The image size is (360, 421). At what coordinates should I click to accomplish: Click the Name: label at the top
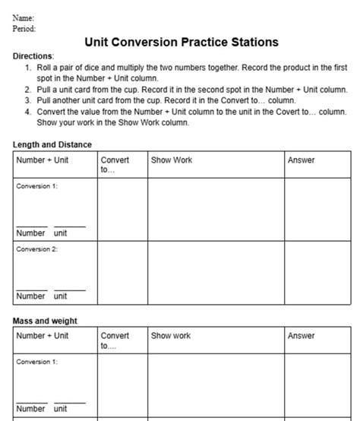pyautogui.click(x=24, y=17)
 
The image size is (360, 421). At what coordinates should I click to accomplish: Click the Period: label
pyautogui.click(x=24, y=28)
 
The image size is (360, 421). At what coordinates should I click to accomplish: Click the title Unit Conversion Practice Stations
pyautogui.click(x=181, y=43)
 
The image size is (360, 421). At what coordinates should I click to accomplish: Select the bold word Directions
pyautogui.click(x=33, y=56)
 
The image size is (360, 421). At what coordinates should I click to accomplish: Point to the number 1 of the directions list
pyautogui.click(x=27, y=68)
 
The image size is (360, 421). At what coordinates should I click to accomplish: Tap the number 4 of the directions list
pyautogui.click(x=27, y=112)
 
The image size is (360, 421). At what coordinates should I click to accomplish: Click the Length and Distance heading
pyautogui.click(x=52, y=144)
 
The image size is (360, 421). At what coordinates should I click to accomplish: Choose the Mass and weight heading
pyautogui.click(x=45, y=321)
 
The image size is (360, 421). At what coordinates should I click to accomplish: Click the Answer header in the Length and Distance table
pyautogui.click(x=301, y=160)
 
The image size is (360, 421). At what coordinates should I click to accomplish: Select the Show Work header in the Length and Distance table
pyautogui.click(x=172, y=160)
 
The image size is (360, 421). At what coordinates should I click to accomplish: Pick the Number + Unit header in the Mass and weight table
pyautogui.click(x=43, y=336)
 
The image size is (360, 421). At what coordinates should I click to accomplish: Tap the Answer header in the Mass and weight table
pyautogui.click(x=301, y=336)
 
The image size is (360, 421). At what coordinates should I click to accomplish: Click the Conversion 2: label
pyautogui.click(x=36, y=248)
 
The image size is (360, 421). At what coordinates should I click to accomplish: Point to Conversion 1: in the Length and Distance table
pyautogui.click(x=36, y=186)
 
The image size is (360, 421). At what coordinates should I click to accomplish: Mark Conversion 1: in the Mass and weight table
pyautogui.click(x=36, y=362)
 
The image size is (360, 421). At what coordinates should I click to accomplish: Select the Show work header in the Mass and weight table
pyautogui.click(x=171, y=336)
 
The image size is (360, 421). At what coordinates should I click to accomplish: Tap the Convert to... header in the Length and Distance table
pyautogui.click(x=115, y=165)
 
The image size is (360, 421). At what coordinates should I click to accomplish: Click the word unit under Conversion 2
pyautogui.click(x=61, y=296)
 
